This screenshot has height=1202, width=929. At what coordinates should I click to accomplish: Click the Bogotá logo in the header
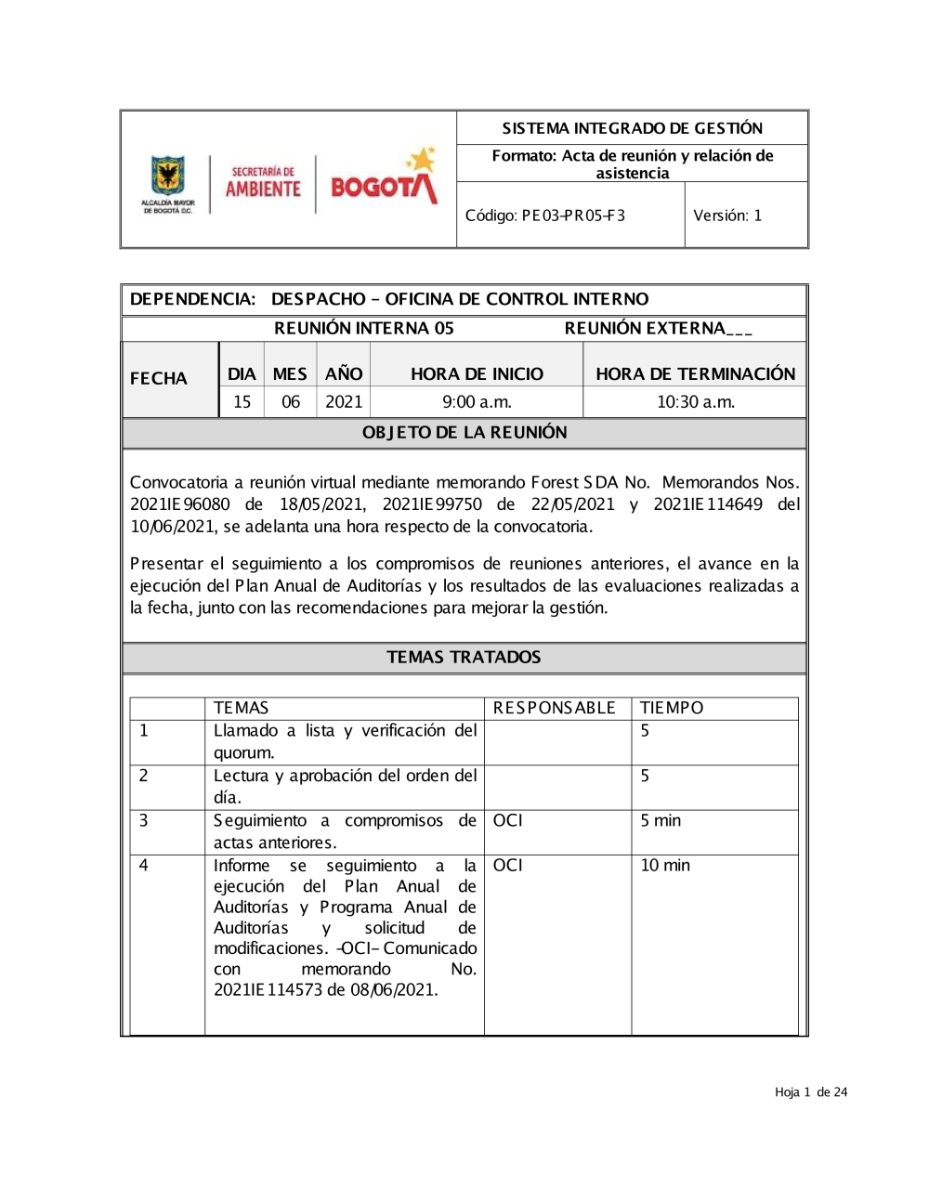(383, 179)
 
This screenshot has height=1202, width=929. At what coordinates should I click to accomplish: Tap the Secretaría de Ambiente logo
(263, 182)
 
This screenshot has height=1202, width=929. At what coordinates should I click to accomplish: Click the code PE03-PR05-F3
(545, 216)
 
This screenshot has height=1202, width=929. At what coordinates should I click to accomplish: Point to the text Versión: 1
(727, 216)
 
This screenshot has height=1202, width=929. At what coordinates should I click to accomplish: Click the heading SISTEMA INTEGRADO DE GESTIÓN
(632, 128)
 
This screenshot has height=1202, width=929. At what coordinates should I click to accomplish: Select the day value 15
(242, 402)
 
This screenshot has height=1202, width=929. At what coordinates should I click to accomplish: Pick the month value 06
(291, 402)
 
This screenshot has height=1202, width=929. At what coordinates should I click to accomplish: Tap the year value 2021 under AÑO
(344, 402)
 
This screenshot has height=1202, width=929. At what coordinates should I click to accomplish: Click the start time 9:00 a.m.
(477, 402)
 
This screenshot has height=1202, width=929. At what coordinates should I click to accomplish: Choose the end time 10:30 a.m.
(695, 402)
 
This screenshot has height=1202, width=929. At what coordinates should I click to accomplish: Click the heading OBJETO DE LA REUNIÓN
(464, 433)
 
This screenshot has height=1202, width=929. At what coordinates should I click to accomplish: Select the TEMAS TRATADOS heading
(464, 658)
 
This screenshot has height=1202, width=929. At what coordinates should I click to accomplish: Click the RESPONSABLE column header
(554, 708)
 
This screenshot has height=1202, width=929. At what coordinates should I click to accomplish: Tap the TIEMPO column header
(672, 708)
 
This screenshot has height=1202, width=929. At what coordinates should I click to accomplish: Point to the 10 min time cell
(665, 866)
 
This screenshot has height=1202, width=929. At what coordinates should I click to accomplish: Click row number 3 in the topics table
(144, 821)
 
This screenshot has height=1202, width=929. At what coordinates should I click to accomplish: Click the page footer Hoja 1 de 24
(811, 1092)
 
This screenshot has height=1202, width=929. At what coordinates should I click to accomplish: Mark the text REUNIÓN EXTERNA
(645, 328)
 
